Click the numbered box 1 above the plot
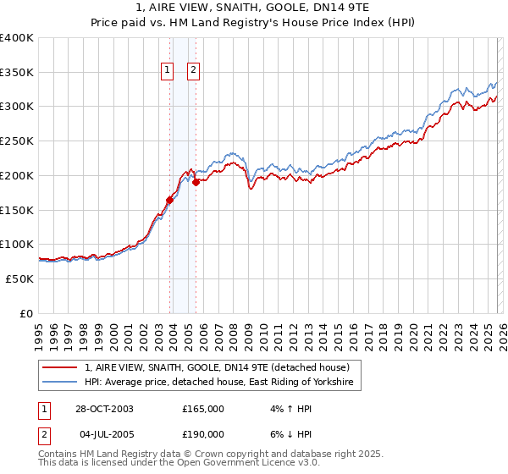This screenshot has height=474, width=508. [167, 70]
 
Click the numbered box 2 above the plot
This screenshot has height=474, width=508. [194, 70]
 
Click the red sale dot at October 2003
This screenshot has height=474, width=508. [170, 200]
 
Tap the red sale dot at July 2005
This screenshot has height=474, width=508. [196, 182]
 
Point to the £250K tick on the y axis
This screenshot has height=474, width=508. [19, 141]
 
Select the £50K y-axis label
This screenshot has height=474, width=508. [19, 278]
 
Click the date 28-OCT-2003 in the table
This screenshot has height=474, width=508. [104, 409]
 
